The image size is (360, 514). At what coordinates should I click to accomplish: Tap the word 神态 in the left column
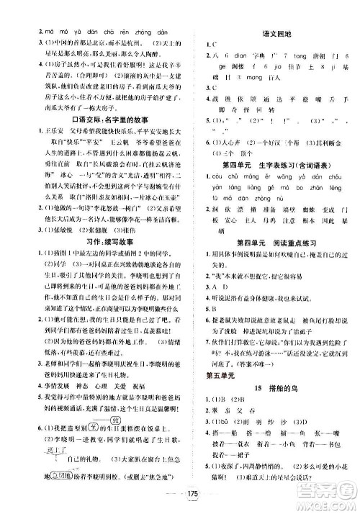tap(75, 385)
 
